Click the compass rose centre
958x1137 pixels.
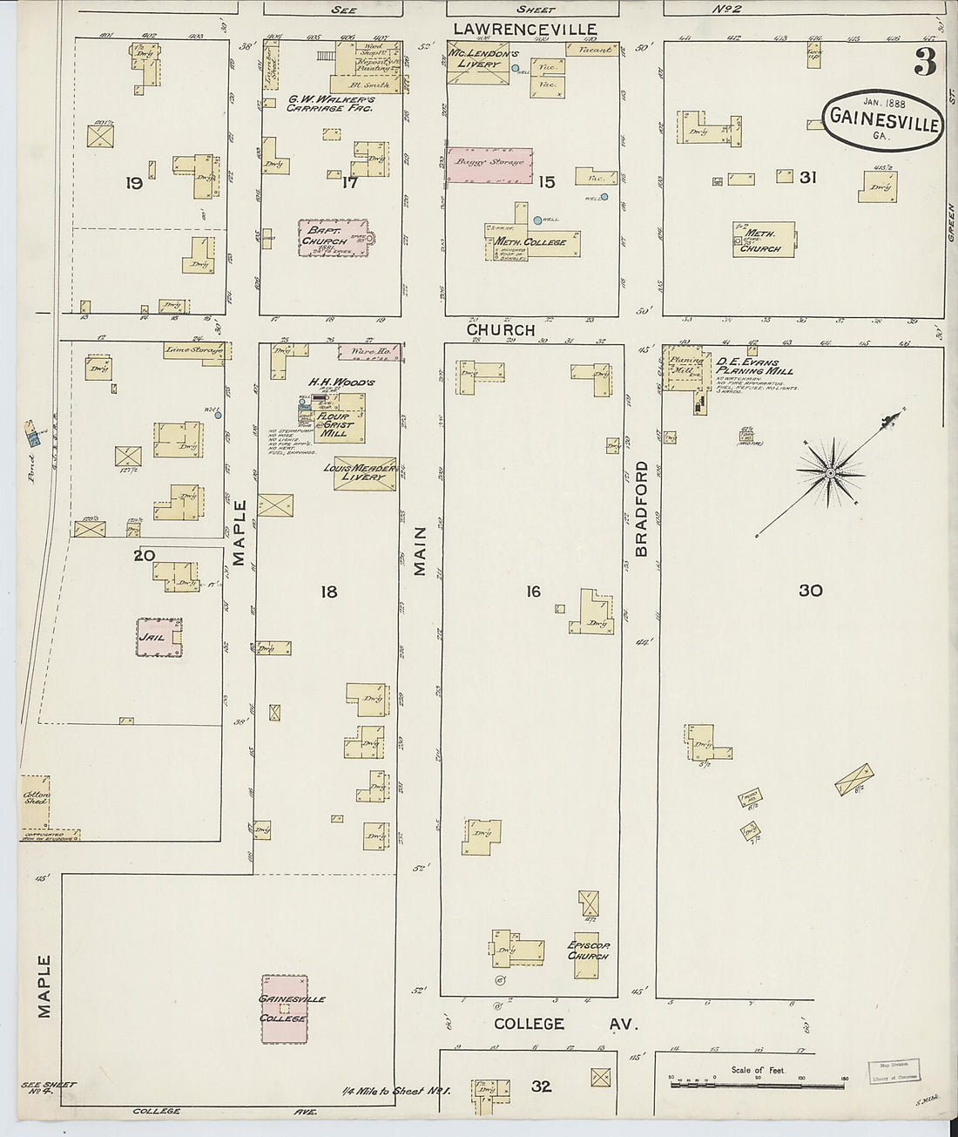831,473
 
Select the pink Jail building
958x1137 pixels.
159,637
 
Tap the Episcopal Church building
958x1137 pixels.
588,949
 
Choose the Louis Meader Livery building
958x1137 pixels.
365,473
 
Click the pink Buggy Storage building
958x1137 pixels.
489,164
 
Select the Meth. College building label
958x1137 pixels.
531,242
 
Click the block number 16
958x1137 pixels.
533,592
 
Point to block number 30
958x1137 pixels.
810,591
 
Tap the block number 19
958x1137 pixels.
133,183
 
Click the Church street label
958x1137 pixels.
500,330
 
